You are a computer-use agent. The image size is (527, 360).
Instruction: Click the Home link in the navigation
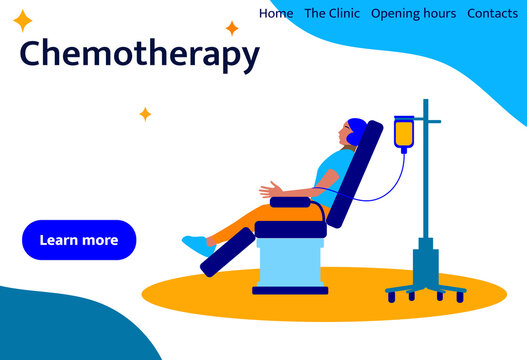tap(276, 13)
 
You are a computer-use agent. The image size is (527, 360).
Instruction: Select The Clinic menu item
tap(332, 13)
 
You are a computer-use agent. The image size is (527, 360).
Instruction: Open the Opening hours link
tap(413, 13)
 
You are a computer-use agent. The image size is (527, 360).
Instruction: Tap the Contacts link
tap(492, 13)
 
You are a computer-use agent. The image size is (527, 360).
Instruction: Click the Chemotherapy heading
tap(139, 54)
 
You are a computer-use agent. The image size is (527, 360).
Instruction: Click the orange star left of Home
tap(232, 28)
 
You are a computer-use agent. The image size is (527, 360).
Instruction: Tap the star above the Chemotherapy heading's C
tap(23, 21)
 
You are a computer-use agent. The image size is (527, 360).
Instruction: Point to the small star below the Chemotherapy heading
tap(145, 114)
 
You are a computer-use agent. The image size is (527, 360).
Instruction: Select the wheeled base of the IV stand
tap(425, 291)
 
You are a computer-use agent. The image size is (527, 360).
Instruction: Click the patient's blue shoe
tap(197, 243)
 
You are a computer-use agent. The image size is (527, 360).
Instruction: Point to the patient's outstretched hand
tap(267, 189)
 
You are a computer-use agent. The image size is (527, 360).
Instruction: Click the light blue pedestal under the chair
tap(290, 265)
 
